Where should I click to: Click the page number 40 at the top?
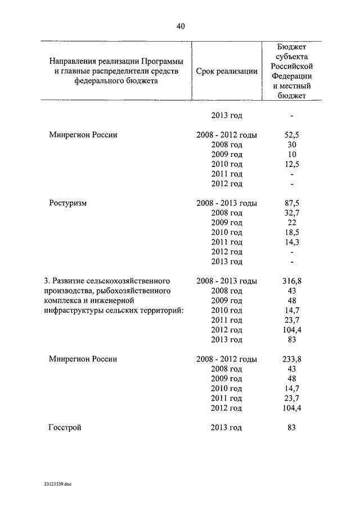(180, 26)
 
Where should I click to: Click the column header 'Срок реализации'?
(227, 71)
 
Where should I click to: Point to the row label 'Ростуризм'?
(67, 202)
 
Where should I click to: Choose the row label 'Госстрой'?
(65, 427)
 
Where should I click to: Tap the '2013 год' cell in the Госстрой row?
(226, 427)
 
